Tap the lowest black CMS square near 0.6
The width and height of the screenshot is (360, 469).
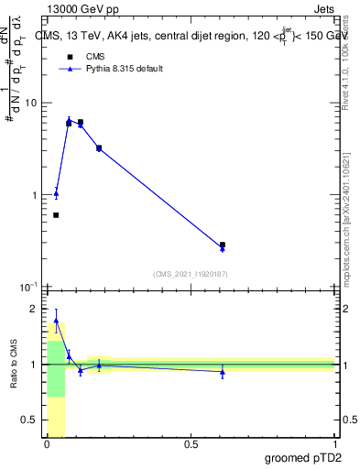pyautogui.click(x=56, y=215)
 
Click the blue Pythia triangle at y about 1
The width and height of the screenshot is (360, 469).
pyautogui.click(x=56, y=194)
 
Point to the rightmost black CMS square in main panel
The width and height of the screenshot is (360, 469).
pyautogui.click(x=223, y=245)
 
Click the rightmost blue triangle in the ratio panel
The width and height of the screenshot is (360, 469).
pyautogui.click(x=223, y=372)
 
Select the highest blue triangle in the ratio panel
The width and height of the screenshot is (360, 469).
pyautogui.click(x=56, y=322)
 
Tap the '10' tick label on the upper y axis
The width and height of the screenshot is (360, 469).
pyautogui.click(x=30, y=103)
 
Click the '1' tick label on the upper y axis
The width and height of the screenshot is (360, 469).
pyautogui.click(x=33, y=195)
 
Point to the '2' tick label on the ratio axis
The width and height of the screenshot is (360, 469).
pyautogui.click(x=35, y=309)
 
